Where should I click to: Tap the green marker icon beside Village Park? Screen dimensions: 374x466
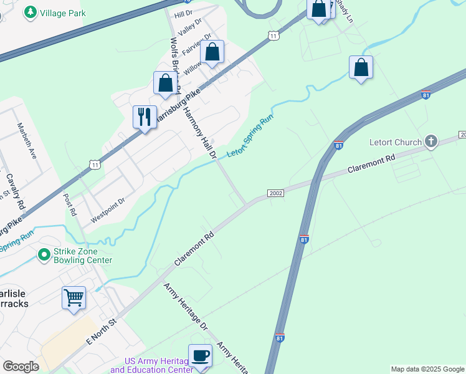pyautogui.click(x=30, y=12)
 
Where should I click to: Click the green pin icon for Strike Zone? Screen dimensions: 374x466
pyautogui.click(x=44, y=255)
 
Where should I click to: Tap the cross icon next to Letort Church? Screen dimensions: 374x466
pyautogui.click(x=431, y=141)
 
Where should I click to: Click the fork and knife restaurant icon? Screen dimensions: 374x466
pyautogui.click(x=144, y=117)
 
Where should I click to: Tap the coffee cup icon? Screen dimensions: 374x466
pyautogui.click(x=200, y=355)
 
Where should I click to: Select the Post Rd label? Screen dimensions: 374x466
pyautogui.click(x=70, y=203)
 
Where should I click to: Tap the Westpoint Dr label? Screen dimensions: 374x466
pyautogui.click(x=108, y=211)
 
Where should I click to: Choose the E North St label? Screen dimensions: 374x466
pyautogui.click(x=102, y=333)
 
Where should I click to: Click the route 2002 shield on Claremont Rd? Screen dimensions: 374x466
pyautogui.click(x=276, y=193)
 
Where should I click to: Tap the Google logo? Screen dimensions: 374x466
pyautogui.click(x=21, y=367)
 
